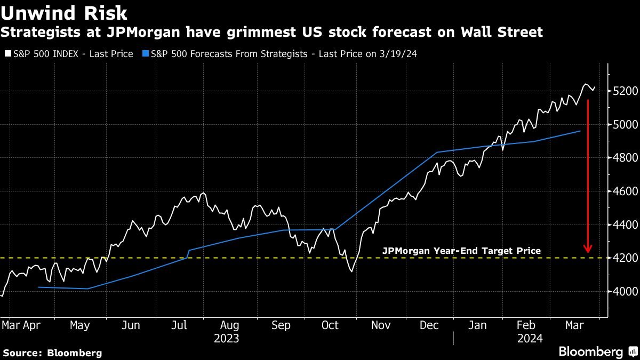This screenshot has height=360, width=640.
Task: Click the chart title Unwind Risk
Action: [x=64, y=13]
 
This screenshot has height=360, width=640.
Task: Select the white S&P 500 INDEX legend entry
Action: [x=69, y=54]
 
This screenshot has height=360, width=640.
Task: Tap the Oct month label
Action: [x=330, y=325]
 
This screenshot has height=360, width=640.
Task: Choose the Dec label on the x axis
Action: [x=429, y=325]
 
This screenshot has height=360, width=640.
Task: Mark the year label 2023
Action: [x=226, y=339]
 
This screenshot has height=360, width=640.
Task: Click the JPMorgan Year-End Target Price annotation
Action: [x=462, y=251]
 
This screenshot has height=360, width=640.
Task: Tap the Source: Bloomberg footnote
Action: [x=52, y=353]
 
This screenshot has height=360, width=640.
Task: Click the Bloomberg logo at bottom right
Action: [x=597, y=351]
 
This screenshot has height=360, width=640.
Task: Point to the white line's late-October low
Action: [x=351, y=271]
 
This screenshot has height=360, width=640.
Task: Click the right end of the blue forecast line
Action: [x=580, y=131]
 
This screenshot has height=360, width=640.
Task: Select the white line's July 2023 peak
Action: [x=203, y=193]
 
